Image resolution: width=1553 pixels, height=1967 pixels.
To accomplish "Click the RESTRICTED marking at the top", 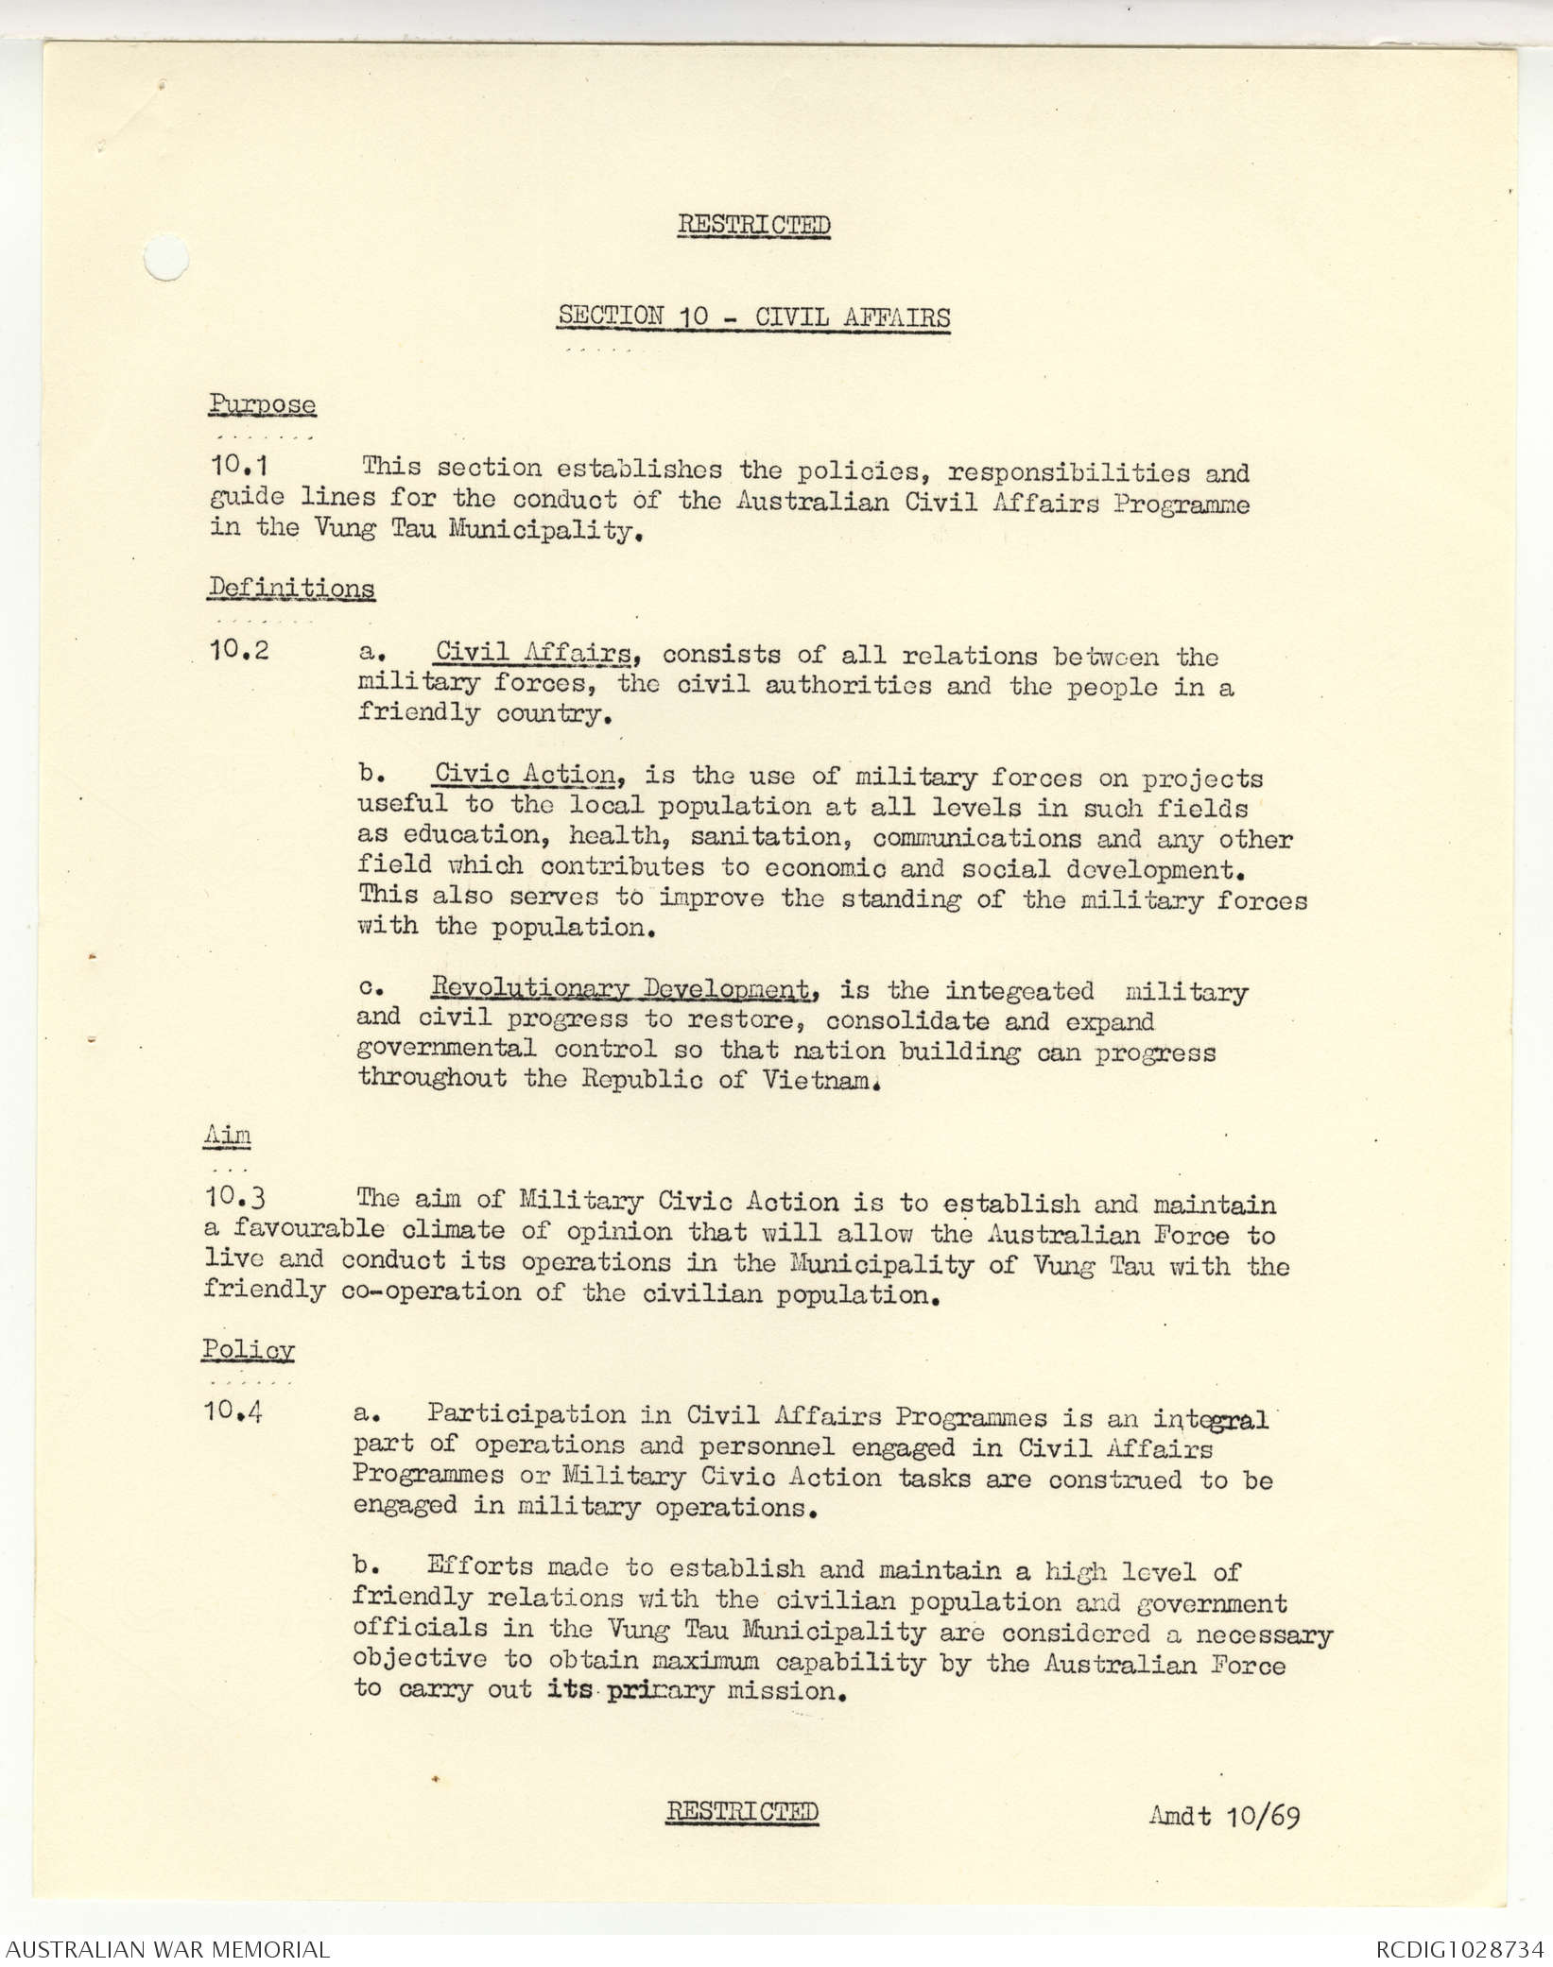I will pyautogui.click(x=753, y=226).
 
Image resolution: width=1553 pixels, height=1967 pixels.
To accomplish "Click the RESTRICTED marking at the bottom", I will pyautogui.click(x=742, y=1810).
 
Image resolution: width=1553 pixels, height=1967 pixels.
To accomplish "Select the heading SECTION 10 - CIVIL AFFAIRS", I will pyautogui.click(x=753, y=316).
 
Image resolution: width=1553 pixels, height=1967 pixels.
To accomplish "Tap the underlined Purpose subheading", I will pyautogui.click(x=262, y=405).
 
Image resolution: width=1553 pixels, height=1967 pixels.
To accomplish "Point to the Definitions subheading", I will pyautogui.click(x=291, y=588).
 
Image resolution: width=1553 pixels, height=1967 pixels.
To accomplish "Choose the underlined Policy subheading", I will pyautogui.click(x=248, y=1349).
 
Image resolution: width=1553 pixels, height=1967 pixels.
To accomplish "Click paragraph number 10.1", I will pyautogui.click(x=240, y=467).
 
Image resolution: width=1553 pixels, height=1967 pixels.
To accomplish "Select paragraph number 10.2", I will pyautogui.click(x=240, y=652).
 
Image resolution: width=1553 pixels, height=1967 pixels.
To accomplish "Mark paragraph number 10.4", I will pyautogui.click(x=233, y=1413).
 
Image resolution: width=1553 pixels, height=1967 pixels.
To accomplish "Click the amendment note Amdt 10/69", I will pyautogui.click(x=1223, y=1815).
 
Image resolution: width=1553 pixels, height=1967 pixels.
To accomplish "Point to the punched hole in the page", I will pyautogui.click(x=166, y=257).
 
